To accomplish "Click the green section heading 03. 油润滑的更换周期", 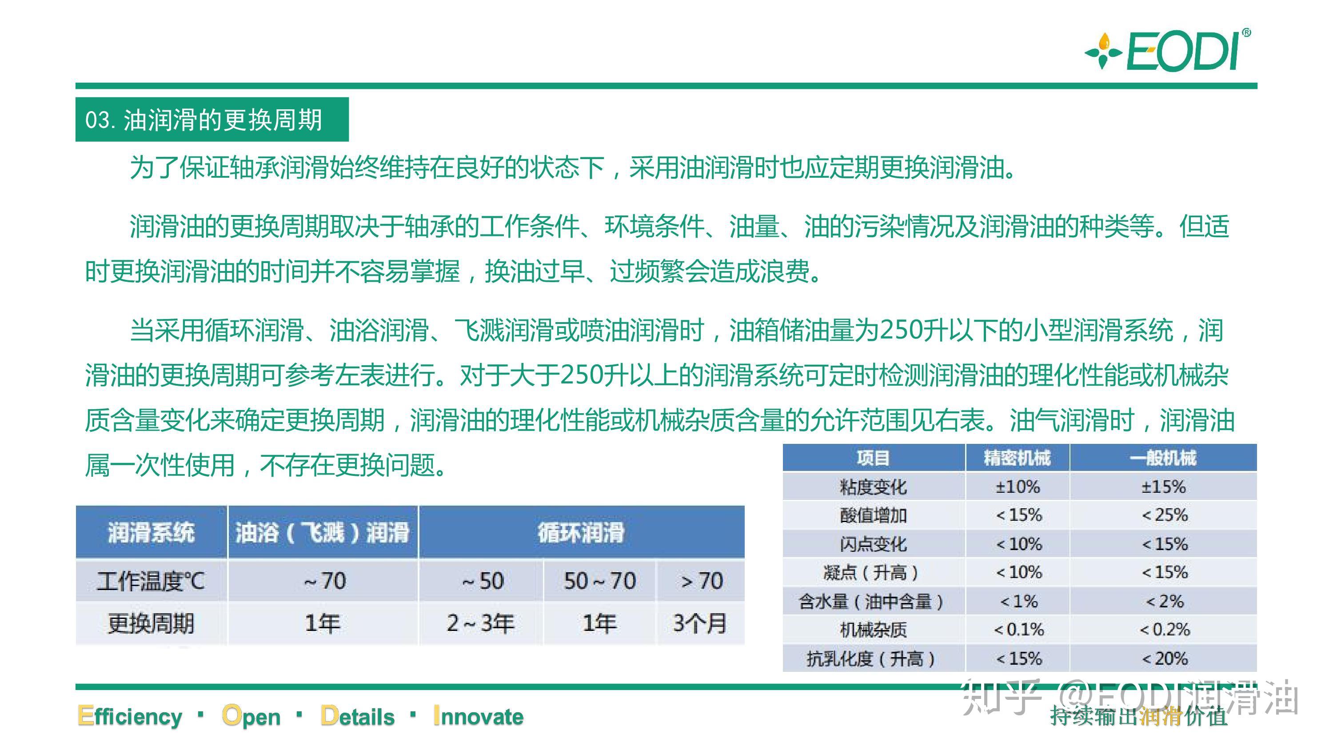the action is coord(204,120).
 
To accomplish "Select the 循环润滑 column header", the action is coord(581,532).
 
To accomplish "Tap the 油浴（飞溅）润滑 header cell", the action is coord(323,532).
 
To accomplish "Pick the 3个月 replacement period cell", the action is coord(700,623).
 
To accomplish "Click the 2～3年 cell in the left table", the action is coord(481,623).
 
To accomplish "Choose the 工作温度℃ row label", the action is coord(151,581).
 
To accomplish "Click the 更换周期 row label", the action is coord(151,623).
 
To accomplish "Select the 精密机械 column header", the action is coord(1017,458).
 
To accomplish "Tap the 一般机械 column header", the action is coord(1163,458).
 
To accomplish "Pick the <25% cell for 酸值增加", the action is coord(1164,515).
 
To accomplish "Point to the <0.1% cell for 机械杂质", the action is coord(1018,630).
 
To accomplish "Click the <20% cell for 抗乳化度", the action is coord(1164,658).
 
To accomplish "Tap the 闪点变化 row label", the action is coord(873,544).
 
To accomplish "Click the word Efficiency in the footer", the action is coord(130,716).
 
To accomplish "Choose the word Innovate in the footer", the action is coord(478,716).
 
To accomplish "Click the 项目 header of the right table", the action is coord(873,458).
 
